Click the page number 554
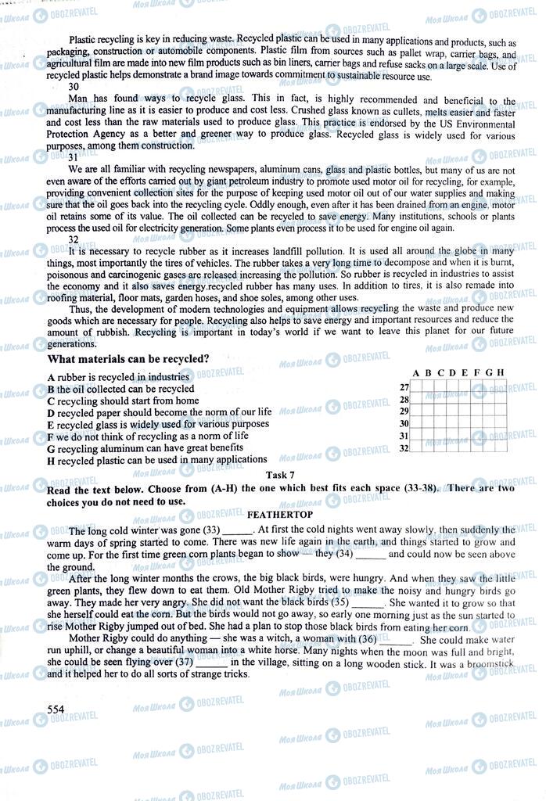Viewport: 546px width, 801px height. [56, 709]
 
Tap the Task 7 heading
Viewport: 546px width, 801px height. [280, 475]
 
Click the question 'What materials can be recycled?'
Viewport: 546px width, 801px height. [128, 359]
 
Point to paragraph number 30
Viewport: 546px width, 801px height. [73, 87]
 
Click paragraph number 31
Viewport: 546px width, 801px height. [73, 157]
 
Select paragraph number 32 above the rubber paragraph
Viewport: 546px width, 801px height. [73, 239]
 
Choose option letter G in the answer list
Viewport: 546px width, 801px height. [51, 448]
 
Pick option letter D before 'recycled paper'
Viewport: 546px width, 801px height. [51, 412]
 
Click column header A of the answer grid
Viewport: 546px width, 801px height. [416, 372]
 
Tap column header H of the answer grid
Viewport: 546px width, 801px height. [500, 372]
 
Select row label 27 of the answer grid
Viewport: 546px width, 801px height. [404, 387]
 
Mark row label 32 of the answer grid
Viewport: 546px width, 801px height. [404, 447]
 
